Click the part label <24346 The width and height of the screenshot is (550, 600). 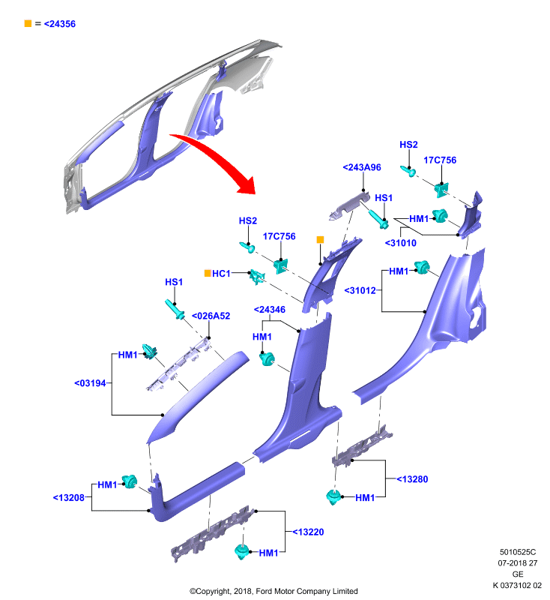[x=270, y=310]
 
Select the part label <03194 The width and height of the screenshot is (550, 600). [x=90, y=383]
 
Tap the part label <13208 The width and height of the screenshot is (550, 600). [x=68, y=497]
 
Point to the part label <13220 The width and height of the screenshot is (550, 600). [x=308, y=532]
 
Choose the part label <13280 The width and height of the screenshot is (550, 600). [x=412, y=479]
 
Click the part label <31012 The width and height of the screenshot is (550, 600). [x=360, y=290]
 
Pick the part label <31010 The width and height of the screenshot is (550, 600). [x=401, y=243]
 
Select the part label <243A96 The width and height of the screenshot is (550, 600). [x=362, y=167]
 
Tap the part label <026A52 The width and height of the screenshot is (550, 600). [x=211, y=316]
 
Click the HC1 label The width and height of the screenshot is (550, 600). [x=221, y=274]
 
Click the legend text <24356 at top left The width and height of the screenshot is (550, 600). [x=60, y=24]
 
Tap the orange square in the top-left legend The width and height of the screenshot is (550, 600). [x=28, y=23]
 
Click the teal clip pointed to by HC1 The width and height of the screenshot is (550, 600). [x=257, y=276]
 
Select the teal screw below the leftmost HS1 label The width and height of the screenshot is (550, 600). [x=175, y=309]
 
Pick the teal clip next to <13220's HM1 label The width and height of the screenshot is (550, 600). [x=241, y=551]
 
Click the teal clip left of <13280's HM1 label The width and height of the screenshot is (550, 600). [x=333, y=496]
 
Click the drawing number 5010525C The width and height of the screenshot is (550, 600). [x=518, y=552]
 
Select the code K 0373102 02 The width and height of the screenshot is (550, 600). [x=517, y=585]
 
